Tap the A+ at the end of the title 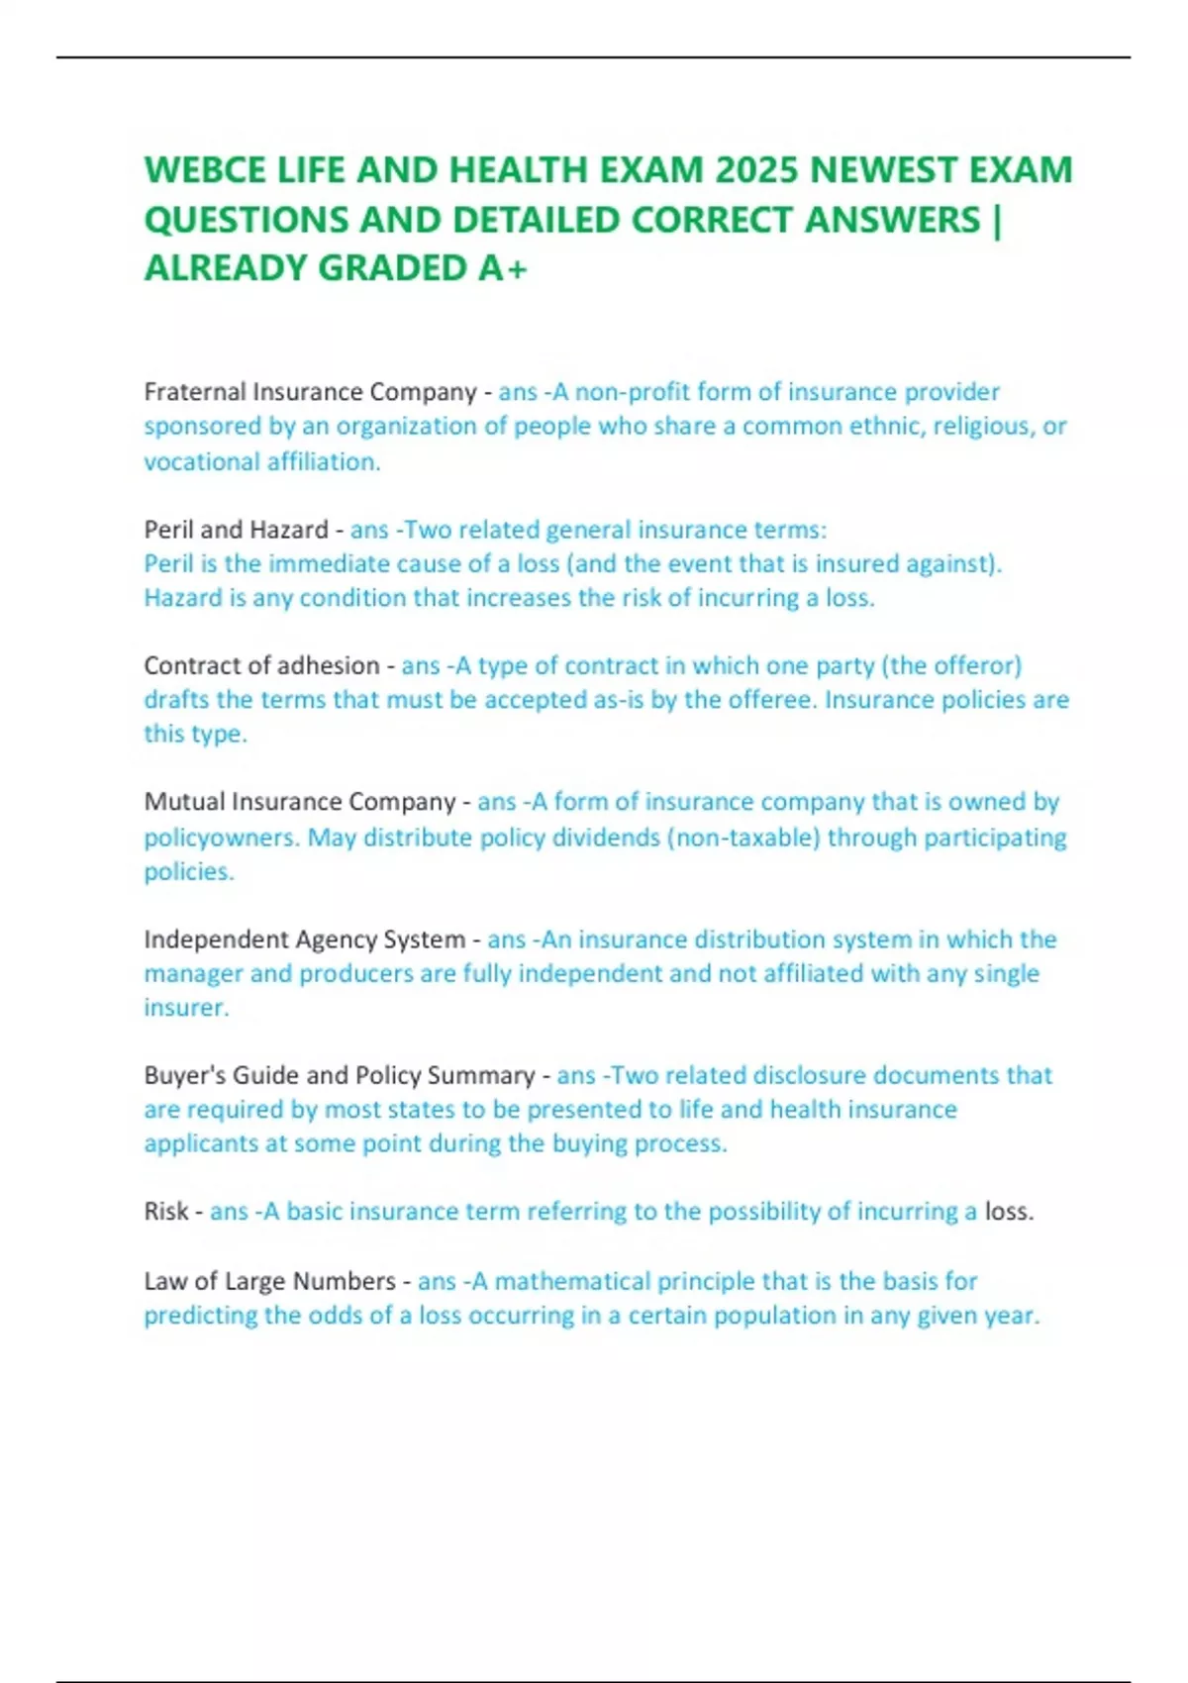[503, 267]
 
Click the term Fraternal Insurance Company [310, 392]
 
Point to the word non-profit [632, 392]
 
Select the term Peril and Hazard [236, 530]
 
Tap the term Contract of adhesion [261, 665]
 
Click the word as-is [618, 700]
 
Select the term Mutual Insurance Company [299, 801]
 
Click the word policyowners [221, 838]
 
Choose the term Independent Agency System [304, 939]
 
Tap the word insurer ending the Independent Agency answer [185, 1008]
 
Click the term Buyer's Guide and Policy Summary [339, 1075]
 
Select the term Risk [165, 1212]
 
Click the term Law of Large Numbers [269, 1281]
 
